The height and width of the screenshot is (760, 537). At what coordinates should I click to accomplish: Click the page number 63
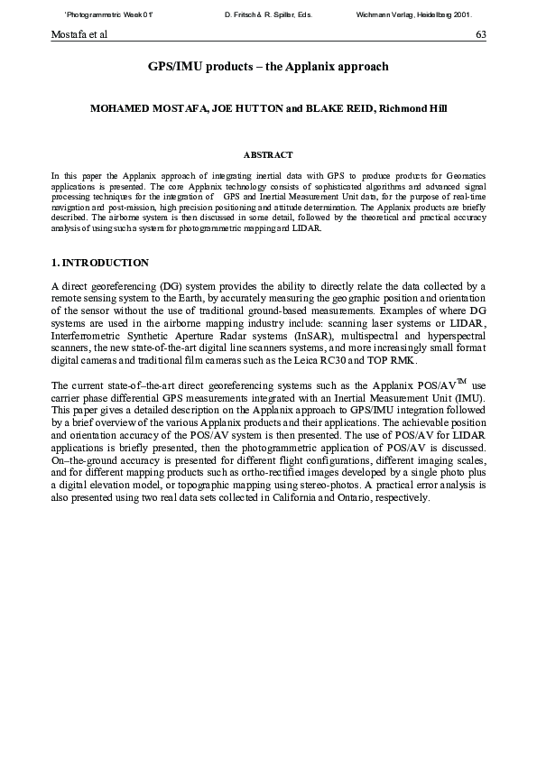[481, 34]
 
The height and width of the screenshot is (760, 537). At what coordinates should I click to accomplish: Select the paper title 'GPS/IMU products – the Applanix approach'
[268, 66]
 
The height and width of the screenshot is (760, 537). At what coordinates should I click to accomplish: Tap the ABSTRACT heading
[268, 154]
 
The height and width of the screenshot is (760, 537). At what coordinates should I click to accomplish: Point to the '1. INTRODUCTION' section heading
[100, 263]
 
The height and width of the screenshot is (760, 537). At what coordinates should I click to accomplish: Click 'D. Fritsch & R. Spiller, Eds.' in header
[268, 14]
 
